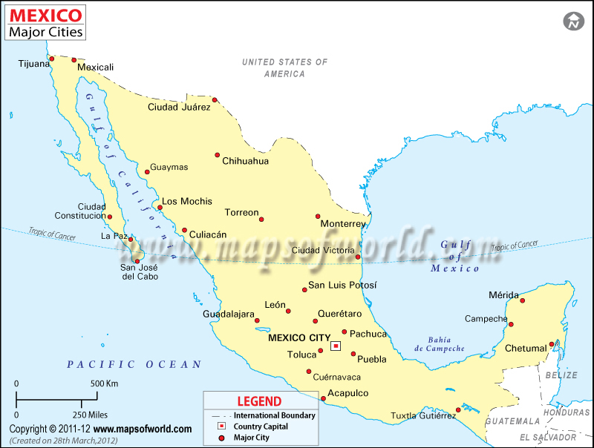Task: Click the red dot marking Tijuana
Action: [x=52, y=58]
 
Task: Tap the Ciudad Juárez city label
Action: [x=179, y=107]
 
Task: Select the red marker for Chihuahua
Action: [x=218, y=155]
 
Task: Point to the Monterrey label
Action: [x=343, y=224]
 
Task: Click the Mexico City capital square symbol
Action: [x=336, y=346]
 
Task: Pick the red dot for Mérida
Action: [x=522, y=300]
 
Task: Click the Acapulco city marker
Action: [x=324, y=398]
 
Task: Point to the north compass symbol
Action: [x=573, y=22]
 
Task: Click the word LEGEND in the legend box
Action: [x=259, y=401]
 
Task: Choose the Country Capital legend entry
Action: [x=261, y=426]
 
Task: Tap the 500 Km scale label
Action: [x=105, y=383]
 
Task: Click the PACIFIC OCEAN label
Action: [x=134, y=364]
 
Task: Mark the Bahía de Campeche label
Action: [x=440, y=344]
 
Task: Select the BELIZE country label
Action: [x=561, y=375]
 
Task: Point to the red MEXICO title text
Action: [x=46, y=15]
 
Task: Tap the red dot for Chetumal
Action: [x=552, y=344]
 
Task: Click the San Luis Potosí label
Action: [x=342, y=285]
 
